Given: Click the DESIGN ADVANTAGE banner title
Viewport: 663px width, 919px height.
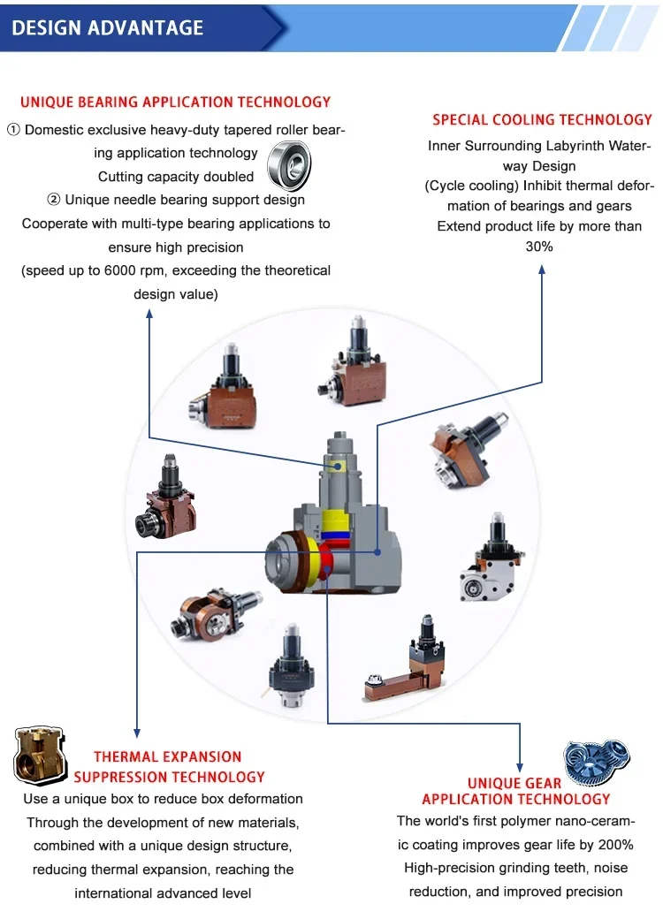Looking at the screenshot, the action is click(x=107, y=27).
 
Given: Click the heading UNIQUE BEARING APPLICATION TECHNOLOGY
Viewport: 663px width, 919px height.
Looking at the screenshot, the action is click(x=175, y=102).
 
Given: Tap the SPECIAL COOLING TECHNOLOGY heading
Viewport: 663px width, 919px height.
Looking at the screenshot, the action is click(x=542, y=119).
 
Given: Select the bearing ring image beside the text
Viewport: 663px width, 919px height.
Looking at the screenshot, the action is click(x=289, y=166).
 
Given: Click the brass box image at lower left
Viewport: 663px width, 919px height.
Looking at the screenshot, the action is click(x=40, y=756).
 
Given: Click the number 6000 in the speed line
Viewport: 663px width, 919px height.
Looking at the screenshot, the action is click(x=119, y=270).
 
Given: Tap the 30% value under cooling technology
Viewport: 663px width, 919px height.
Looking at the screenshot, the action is click(x=539, y=247).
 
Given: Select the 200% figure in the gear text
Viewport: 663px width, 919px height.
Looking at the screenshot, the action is click(x=615, y=845).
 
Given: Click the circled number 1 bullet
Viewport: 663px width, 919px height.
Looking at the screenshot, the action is click(x=13, y=130).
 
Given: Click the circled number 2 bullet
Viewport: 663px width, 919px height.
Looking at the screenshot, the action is click(x=53, y=200).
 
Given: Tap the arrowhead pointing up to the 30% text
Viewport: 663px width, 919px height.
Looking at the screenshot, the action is click(x=542, y=270).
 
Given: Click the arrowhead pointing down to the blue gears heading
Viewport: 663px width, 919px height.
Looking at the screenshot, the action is click(x=520, y=768).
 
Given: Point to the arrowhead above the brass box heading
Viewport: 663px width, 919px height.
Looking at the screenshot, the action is click(x=137, y=733).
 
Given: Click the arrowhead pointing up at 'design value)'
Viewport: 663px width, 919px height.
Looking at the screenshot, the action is click(x=149, y=315).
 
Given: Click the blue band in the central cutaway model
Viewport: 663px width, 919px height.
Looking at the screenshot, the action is click(x=335, y=535).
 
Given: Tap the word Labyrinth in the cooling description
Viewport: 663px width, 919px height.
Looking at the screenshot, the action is click(x=574, y=146).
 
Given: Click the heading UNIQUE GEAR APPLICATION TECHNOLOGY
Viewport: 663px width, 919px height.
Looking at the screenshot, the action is click(x=516, y=791).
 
